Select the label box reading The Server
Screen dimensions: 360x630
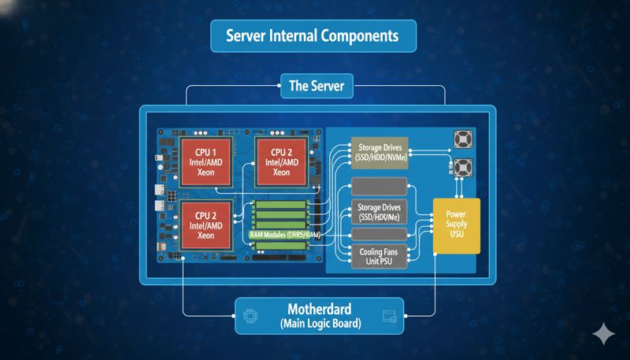pyautogui.click(x=316, y=86)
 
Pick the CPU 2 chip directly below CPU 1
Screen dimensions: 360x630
pyautogui.click(x=206, y=225)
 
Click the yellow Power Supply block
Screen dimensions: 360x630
pyautogui.click(x=456, y=225)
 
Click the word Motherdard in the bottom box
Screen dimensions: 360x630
pyautogui.click(x=318, y=309)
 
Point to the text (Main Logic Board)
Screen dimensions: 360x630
pyautogui.click(x=318, y=324)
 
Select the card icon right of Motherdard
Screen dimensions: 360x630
pyautogui.click(x=388, y=317)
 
